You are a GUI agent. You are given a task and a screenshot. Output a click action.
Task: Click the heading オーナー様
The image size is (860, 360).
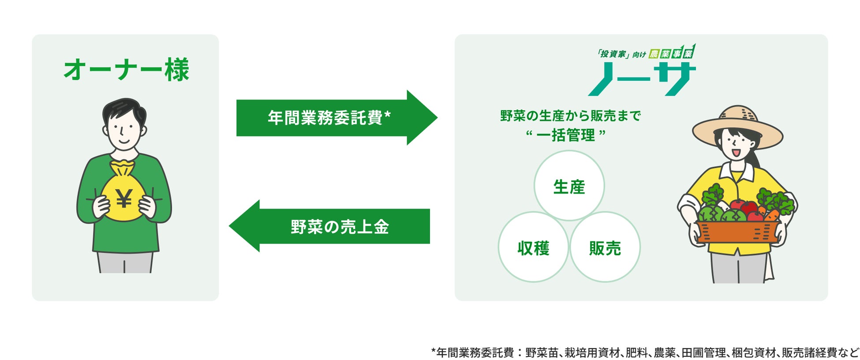tap(126, 70)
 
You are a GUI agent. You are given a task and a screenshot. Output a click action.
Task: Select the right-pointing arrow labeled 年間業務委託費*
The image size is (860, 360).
tap(335, 118)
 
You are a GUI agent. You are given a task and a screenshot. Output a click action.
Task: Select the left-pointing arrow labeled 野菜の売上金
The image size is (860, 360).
tap(331, 226)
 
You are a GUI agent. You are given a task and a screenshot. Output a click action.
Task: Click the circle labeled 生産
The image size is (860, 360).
tap(569, 186)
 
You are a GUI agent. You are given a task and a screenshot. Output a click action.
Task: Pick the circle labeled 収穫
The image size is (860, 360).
tap(533, 247)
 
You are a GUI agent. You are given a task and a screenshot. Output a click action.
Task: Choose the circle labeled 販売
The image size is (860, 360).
tap(605, 247)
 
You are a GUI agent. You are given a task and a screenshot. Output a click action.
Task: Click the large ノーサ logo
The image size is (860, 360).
tap(642, 79)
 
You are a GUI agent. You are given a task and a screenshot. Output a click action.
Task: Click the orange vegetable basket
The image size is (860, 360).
tap(736, 232)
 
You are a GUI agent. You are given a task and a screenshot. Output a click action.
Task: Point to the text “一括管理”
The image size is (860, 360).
tap(566, 135)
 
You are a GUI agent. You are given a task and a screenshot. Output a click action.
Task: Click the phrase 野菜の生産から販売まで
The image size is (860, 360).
tap(570, 116)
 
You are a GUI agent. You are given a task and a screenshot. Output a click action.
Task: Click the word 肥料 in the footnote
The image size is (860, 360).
tap(636, 352)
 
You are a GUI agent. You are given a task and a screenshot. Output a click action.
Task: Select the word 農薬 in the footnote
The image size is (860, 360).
tap(665, 352)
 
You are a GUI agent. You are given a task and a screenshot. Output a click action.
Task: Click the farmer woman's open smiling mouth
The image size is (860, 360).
tap(735, 153)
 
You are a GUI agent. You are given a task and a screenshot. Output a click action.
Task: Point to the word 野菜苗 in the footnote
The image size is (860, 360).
tap(539, 352)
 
